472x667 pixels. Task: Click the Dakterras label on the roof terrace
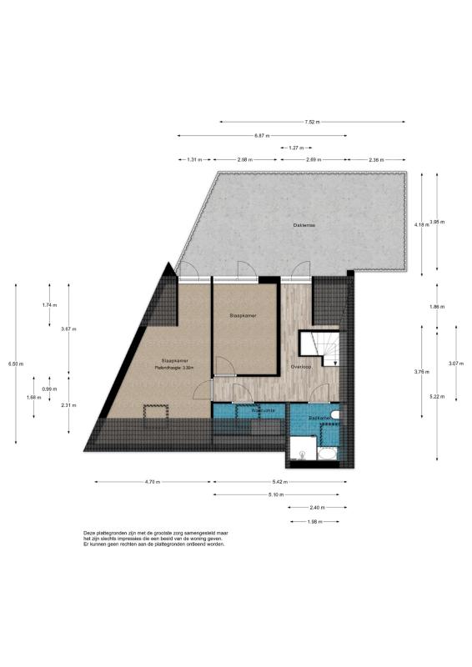[x=303, y=225]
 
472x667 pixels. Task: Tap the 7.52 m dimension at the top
[x=312, y=122]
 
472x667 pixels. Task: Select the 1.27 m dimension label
[x=294, y=148]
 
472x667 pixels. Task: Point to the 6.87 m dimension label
[x=262, y=135]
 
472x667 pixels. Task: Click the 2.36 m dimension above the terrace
[x=377, y=159]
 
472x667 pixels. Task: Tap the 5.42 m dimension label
[x=279, y=482]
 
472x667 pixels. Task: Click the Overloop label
[x=301, y=367]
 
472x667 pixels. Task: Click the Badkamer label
[x=319, y=417]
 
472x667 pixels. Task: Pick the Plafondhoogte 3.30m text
[x=173, y=368]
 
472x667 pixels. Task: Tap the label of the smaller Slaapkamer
[x=244, y=316]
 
